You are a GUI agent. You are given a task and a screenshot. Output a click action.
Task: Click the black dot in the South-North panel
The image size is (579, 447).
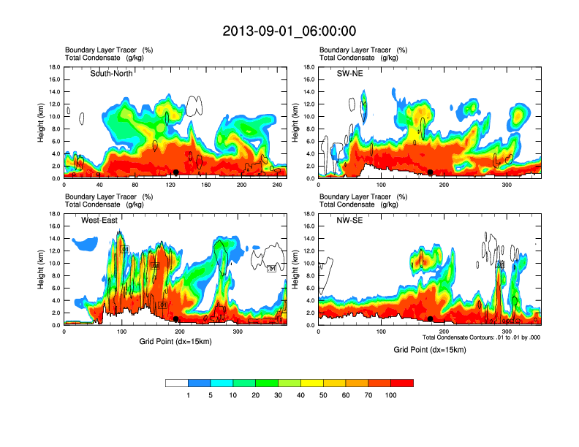point(175,172)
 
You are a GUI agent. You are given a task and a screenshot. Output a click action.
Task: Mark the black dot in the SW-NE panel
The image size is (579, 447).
point(431,172)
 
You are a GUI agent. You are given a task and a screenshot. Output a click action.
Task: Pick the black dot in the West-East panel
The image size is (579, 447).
point(176,319)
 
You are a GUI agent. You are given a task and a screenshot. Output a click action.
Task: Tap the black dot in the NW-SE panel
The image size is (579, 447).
point(431,319)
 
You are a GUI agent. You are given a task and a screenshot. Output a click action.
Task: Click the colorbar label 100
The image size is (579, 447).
point(391,395)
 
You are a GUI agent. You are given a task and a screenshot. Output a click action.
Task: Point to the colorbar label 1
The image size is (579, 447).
point(188,395)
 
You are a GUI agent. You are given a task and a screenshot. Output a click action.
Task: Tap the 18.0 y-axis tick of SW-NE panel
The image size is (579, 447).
point(309,67)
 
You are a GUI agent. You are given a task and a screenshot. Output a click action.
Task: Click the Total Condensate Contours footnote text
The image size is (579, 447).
point(481,337)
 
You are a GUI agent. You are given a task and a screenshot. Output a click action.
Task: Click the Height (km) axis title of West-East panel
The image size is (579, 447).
point(41,270)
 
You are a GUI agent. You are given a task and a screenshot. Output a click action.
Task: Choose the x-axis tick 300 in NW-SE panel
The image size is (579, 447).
point(507,332)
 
